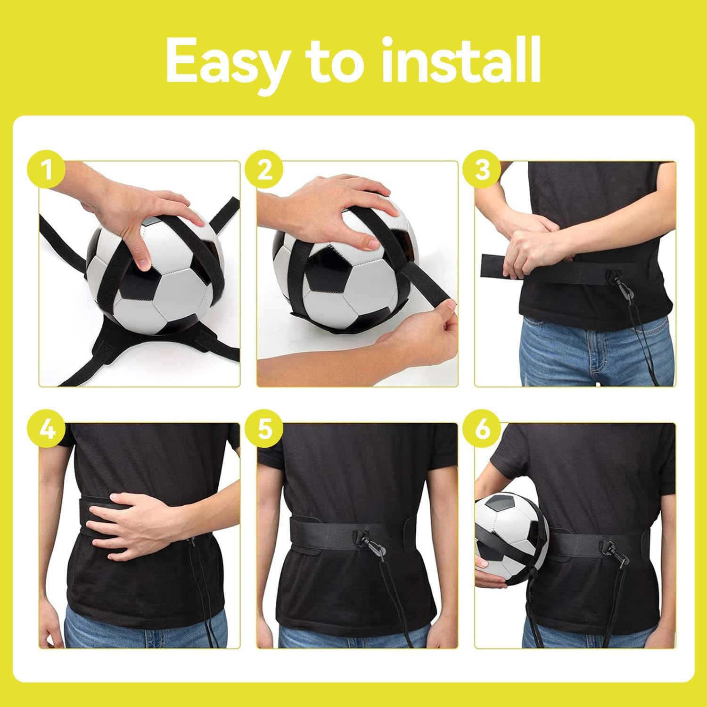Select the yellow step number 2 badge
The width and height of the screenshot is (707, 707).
tap(265, 170)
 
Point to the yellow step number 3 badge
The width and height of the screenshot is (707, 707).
tap(482, 170)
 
